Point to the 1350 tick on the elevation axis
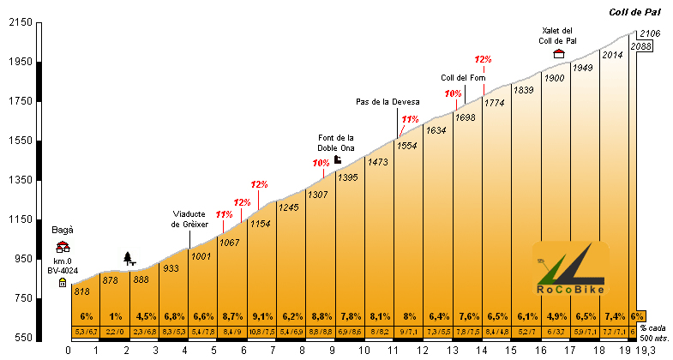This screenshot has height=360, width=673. tap(19, 180)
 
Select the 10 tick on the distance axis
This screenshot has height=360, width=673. tap(364, 350)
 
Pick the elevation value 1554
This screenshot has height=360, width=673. tap(407, 146)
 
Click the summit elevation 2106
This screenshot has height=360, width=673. tap(652, 33)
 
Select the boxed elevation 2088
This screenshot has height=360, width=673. tap(641, 46)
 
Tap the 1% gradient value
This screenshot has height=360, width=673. tap(116, 315)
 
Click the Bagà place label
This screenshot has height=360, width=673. tap(63, 231)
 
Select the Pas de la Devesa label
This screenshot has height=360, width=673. tap(388, 102)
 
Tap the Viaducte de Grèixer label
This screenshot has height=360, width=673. tap(189, 219)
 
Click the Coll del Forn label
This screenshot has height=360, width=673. tap(464, 78)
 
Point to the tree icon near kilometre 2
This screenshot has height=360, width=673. tap(129, 257)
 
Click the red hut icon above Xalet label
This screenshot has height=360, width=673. tap(559, 53)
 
